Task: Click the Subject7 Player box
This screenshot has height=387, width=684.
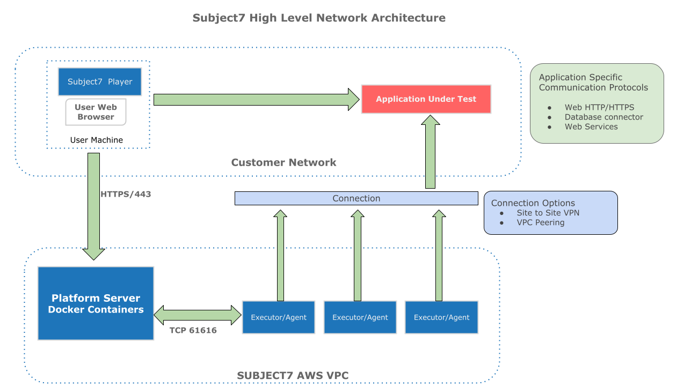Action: point(100,82)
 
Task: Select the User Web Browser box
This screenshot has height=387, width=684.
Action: point(96,112)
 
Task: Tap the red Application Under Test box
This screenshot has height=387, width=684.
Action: point(426,99)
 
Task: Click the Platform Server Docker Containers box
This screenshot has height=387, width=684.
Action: point(96,303)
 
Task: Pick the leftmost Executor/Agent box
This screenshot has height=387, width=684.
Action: point(279,317)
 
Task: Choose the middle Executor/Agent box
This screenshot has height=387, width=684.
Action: point(360,317)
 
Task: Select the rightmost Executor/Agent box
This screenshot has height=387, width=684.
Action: point(441,317)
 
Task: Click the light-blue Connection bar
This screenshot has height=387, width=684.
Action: point(356,198)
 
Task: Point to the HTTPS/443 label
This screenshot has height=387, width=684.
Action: point(126,194)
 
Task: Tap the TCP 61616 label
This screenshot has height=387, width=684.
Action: point(193,330)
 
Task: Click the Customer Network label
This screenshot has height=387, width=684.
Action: point(283,162)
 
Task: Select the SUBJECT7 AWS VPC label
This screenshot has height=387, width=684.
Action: point(293,376)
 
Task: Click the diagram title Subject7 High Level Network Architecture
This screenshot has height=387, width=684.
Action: point(319,18)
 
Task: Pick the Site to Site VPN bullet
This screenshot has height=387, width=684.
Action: point(548,213)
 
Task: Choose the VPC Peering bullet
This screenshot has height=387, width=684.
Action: point(540,222)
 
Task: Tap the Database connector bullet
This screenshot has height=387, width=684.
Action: point(603,117)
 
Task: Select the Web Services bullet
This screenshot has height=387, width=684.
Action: point(591,126)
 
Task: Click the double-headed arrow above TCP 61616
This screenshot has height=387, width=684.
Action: point(198,315)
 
